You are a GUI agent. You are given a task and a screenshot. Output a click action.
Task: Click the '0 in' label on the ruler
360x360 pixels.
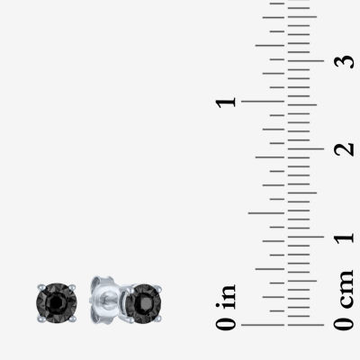click(226, 307)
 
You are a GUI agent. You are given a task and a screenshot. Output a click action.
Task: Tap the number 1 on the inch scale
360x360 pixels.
click(226, 102)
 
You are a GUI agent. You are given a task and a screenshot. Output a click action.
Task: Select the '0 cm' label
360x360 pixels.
click(344, 300)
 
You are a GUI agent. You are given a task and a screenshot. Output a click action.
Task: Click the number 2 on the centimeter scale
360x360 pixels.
click(344, 148)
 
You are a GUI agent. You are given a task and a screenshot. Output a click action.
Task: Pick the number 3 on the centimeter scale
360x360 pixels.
click(344, 61)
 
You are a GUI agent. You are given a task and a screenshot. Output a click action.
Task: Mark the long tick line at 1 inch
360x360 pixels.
click(263, 102)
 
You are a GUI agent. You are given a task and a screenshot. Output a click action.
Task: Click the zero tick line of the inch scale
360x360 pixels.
click(263, 325)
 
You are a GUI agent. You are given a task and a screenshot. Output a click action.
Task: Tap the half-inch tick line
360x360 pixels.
click(266, 213)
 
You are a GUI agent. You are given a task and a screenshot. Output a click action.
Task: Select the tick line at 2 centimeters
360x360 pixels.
click(305, 148)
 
